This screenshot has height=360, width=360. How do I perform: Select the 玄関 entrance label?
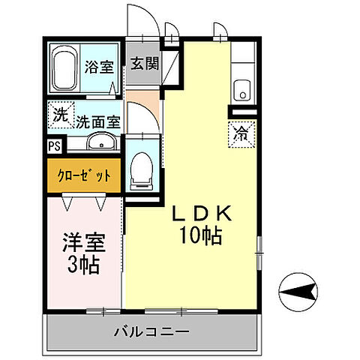pyautogui.click(x=145, y=64)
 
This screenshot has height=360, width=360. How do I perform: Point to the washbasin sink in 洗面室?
pyautogui.click(x=100, y=143)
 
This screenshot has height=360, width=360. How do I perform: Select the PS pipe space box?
pyautogui.click(x=54, y=146)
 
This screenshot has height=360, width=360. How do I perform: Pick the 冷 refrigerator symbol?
pyautogui.click(x=241, y=136)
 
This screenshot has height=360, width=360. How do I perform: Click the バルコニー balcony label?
pyautogui.click(x=152, y=331)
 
